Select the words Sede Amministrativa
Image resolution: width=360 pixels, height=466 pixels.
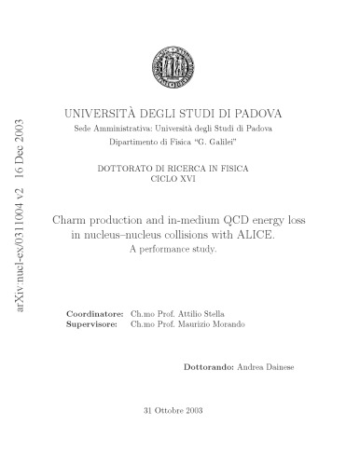(98, 128)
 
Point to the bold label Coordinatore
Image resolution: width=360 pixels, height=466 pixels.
(98, 314)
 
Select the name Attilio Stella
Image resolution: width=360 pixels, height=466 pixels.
(203, 314)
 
